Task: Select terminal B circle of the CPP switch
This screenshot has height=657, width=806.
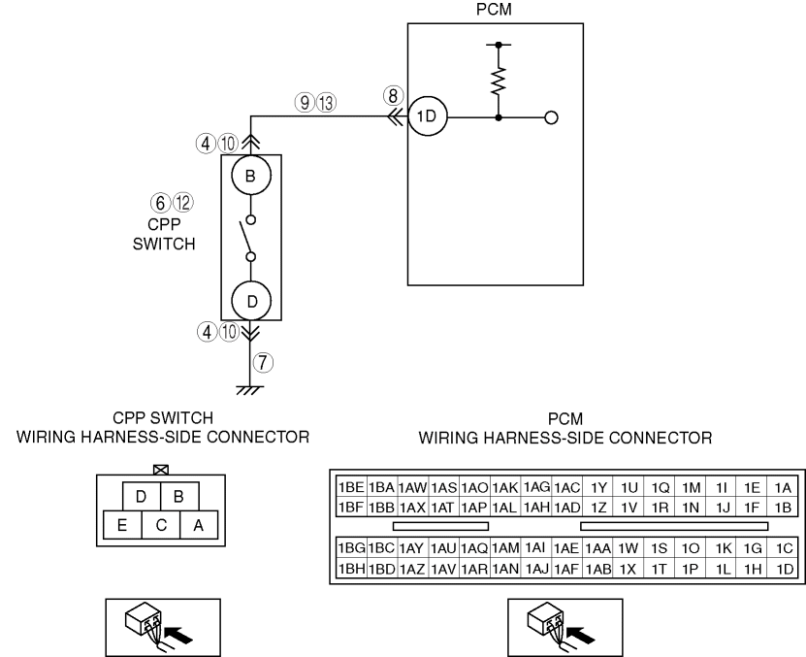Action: tap(252, 177)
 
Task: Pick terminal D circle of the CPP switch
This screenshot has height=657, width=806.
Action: tap(252, 301)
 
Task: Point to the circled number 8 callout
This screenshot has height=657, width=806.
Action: tap(391, 95)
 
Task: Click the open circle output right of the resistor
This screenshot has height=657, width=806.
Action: tap(552, 117)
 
